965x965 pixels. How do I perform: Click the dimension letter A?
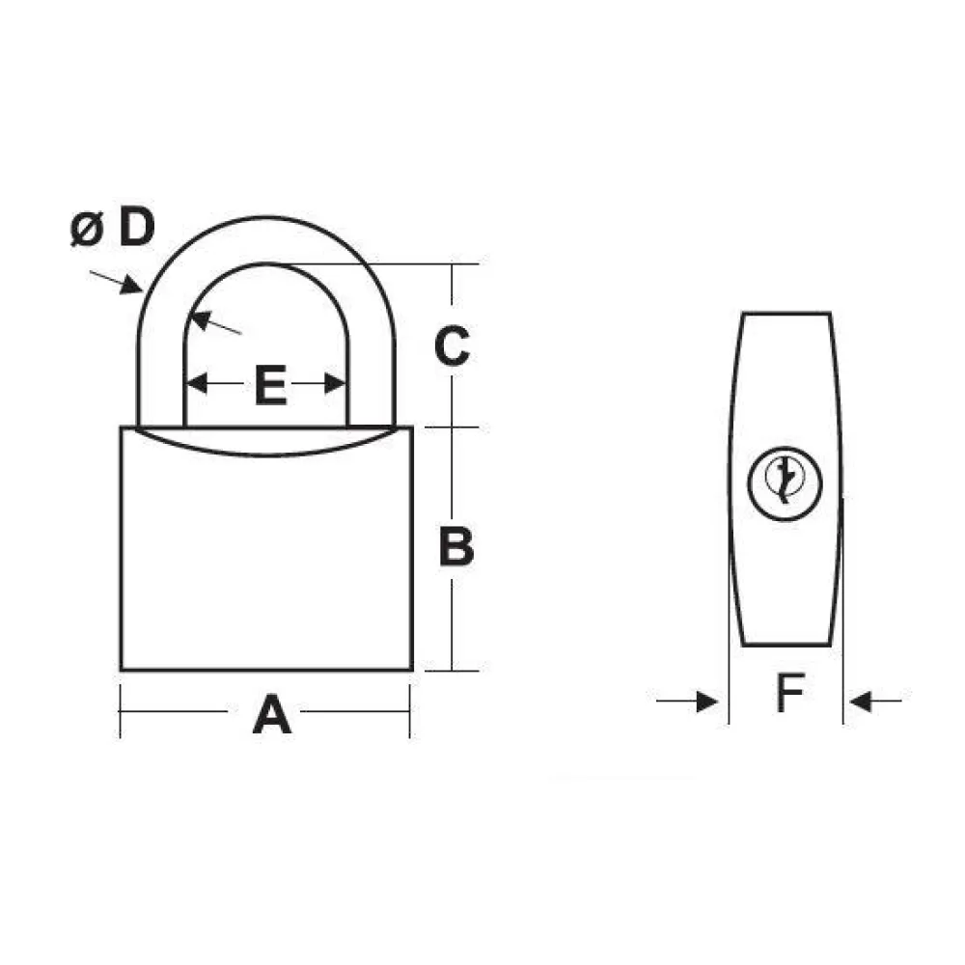point(271,714)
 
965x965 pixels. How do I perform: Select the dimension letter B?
point(456,546)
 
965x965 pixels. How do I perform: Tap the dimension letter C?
point(453,345)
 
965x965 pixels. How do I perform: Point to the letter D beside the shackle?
point(137,227)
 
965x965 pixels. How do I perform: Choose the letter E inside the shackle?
point(271,385)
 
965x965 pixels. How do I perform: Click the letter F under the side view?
point(791,693)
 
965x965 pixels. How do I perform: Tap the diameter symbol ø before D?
point(87,229)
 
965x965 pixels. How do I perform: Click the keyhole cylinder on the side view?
point(785,483)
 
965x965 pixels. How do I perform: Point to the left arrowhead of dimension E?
point(197,383)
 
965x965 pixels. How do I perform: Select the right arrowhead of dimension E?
point(335,383)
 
